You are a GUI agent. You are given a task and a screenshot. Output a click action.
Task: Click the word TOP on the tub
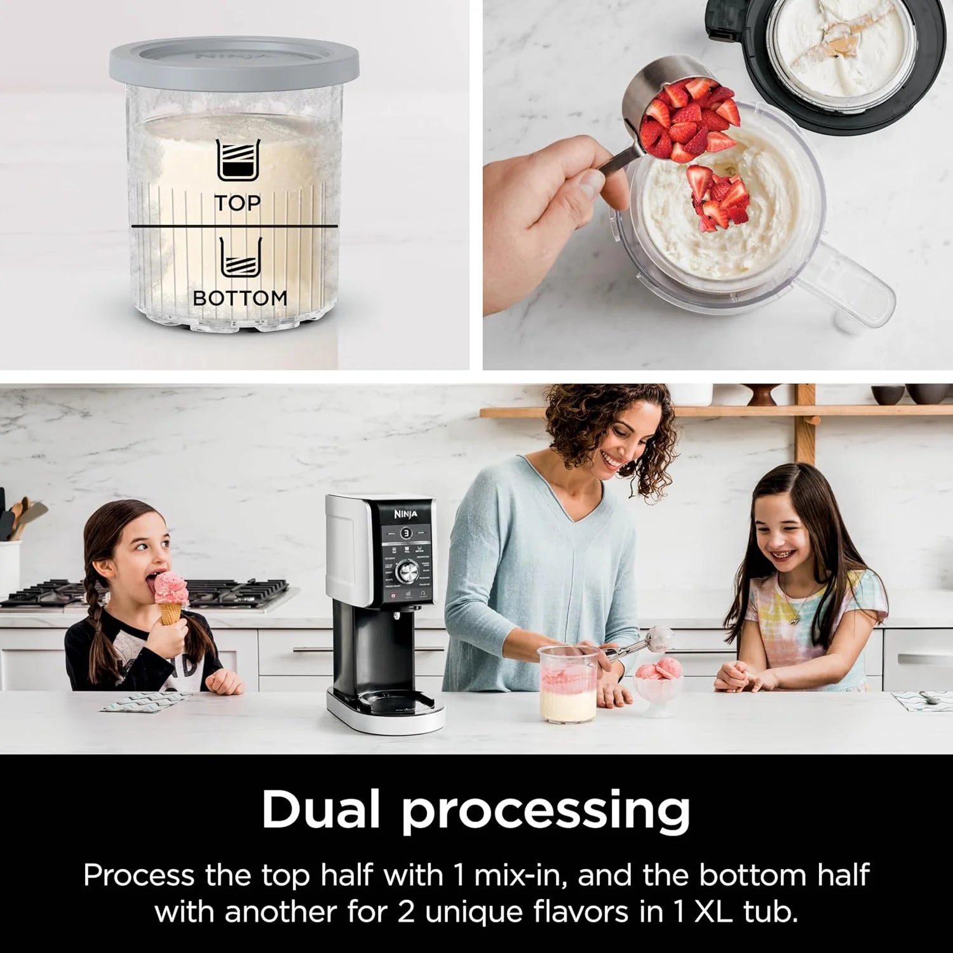(237, 203)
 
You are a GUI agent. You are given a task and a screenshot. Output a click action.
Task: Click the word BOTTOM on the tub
(240, 297)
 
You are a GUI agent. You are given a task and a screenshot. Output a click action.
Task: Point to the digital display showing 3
(406, 533)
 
